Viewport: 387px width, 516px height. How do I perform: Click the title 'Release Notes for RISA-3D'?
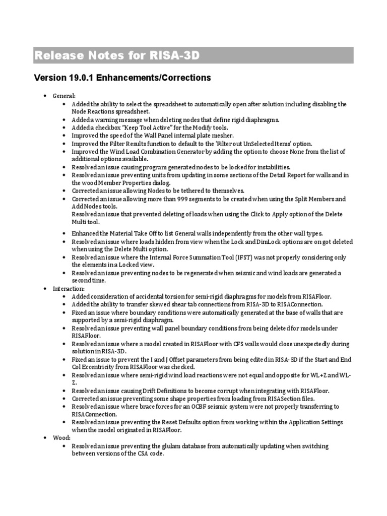[116, 55]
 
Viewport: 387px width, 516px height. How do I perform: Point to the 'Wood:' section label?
[62, 438]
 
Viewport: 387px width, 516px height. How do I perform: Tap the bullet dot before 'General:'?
[45, 96]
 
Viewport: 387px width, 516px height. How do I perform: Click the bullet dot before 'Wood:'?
[45, 438]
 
